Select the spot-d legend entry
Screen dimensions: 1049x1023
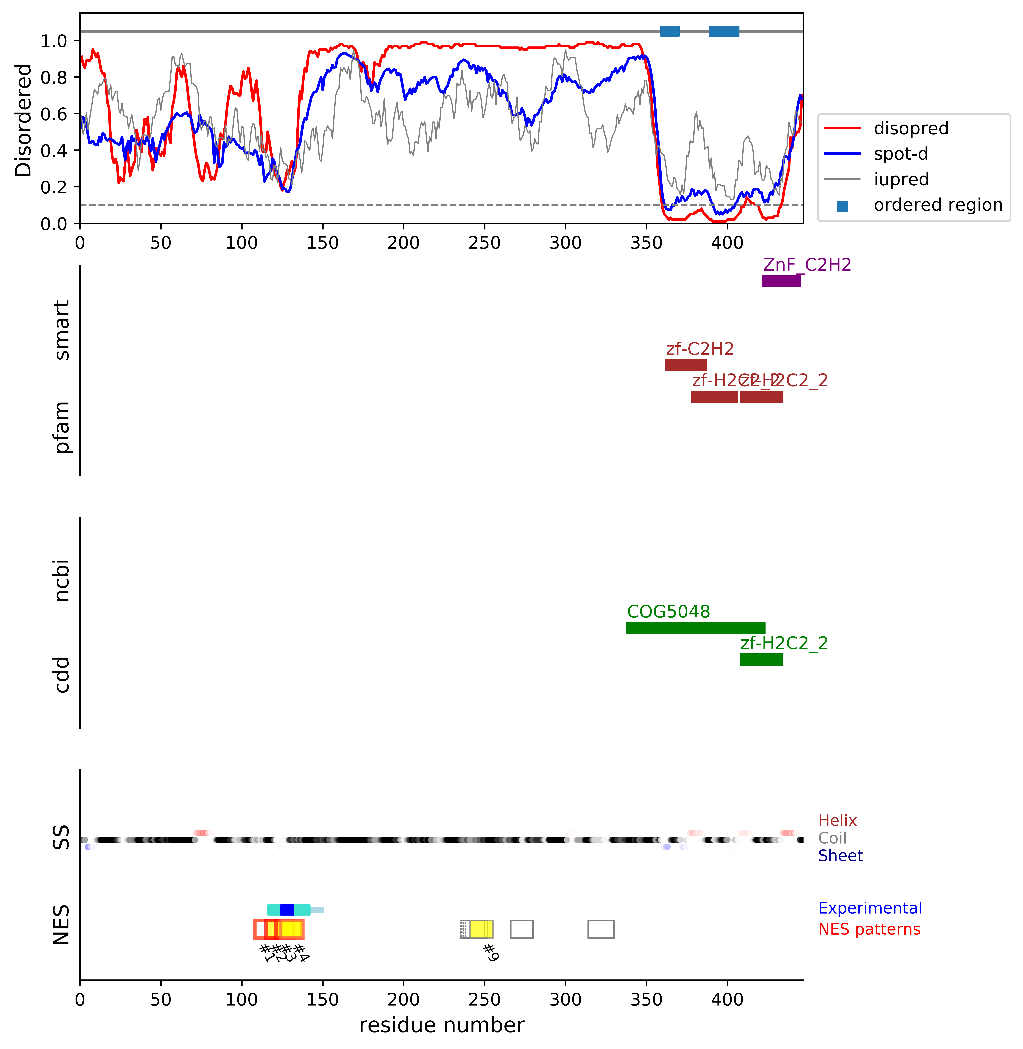[x=901, y=154]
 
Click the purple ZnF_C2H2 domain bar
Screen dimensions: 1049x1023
[x=781, y=281]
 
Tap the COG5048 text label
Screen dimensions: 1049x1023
[x=668, y=612]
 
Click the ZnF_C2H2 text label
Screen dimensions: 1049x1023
[x=807, y=265]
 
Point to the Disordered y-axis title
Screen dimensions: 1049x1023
[x=24, y=120]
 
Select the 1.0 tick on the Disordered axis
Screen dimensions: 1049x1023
[x=54, y=41]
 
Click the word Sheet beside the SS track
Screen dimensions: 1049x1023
[x=840, y=856]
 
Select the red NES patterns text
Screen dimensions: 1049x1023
[x=869, y=929]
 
